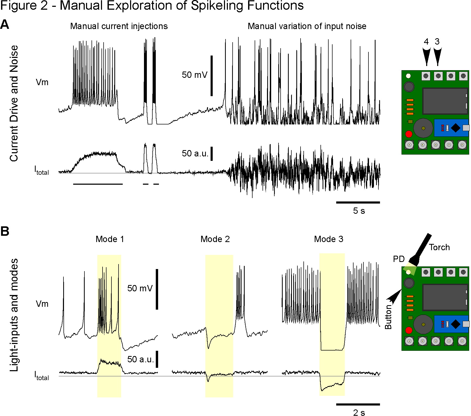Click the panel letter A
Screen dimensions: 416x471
(5, 25)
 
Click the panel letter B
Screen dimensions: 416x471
(5, 231)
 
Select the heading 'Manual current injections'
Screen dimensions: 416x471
(119, 26)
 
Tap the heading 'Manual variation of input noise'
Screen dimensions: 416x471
(307, 26)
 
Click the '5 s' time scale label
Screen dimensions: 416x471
(359, 211)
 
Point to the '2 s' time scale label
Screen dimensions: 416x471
(359, 413)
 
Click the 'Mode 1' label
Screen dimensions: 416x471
(110, 239)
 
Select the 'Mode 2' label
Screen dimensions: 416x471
(215, 239)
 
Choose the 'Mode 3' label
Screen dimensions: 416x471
(329, 239)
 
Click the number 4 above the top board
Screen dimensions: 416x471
(426, 41)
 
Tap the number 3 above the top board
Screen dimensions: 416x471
(437, 41)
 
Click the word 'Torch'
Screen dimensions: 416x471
(439, 247)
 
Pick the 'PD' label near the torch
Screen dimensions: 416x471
(399, 259)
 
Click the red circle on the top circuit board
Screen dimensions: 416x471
(409, 134)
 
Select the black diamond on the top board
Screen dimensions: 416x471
(456, 128)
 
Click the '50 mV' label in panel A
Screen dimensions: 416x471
(194, 75)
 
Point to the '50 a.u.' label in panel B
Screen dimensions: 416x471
(141, 359)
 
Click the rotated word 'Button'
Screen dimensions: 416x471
(388, 317)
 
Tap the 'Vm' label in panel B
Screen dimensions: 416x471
(42, 304)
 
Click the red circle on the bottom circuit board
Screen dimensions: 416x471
(409, 330)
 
